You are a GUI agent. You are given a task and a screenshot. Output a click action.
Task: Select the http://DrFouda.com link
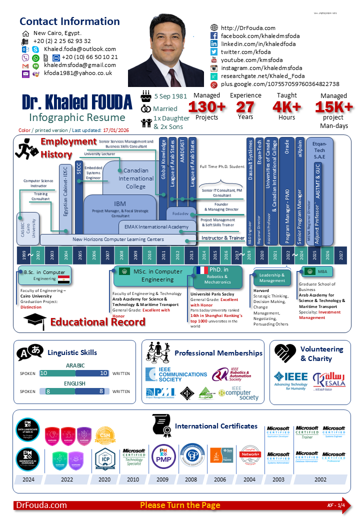pyautogui.click(x=248, y=28)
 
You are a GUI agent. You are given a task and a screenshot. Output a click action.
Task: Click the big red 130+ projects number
pyautogui.click(x=207, y=106)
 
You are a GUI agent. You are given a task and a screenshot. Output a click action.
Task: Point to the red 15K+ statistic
pyautogui.click(x=334, y=107)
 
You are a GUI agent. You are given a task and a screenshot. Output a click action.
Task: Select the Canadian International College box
pyautogui.click(x=136, y=178)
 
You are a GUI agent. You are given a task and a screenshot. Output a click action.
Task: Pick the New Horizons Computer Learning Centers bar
pyautogui.click(x=118, y=239)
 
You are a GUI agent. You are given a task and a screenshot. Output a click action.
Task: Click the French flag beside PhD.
pyautogui.click(x=202, y=270)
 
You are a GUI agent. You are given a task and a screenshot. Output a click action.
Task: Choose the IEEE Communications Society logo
pyautogui.click(x=176, y=374)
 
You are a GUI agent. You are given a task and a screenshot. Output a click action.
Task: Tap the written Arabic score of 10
pyautogui.click(x=104, y=373)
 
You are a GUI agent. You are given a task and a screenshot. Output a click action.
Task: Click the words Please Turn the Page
pyautogui.click(x=180, y=505)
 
